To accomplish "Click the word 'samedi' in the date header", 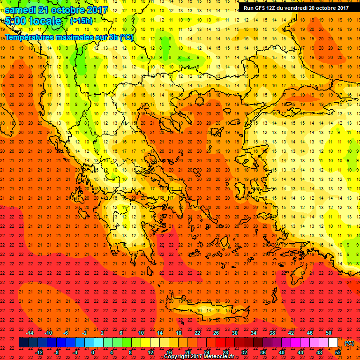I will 22,10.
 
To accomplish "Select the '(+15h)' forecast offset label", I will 81,21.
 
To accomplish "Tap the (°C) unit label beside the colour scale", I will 349,343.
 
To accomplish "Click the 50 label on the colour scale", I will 328,333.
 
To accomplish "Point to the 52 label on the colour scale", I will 337,352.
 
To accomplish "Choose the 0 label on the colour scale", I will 93,352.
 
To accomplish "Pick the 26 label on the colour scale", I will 216,333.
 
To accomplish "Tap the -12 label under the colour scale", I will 39,352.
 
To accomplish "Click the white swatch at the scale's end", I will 333,343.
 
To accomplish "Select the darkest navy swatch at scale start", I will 23,343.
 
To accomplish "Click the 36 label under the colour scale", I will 263,352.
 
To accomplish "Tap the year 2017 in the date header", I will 96,10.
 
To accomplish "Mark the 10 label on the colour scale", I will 141,333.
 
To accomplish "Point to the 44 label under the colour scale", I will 300,352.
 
